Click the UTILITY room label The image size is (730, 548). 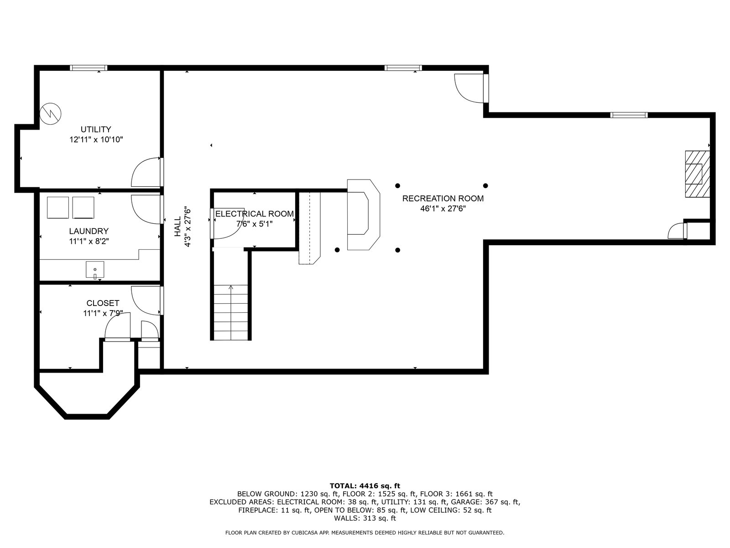[x=96, y=129]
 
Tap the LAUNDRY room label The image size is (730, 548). [x=89, y=231]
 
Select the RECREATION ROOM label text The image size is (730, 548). [x=443, y=198]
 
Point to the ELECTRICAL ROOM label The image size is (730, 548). [x=255, y=214]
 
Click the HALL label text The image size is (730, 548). [x=178, y=227]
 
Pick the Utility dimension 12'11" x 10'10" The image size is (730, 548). [x=96, y=139]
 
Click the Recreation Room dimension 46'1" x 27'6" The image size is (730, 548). [x=443, y=209]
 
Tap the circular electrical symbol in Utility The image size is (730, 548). [x=51, y=114]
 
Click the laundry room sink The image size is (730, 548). [x=95, y=270]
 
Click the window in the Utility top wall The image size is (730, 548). [x=89, y=68]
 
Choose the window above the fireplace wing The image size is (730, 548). [x=629, y=115]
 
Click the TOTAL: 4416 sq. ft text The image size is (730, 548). [x=365, y=486]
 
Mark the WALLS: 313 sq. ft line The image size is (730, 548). [x=365, y=518]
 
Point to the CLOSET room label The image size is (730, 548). [x=103, y=303]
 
